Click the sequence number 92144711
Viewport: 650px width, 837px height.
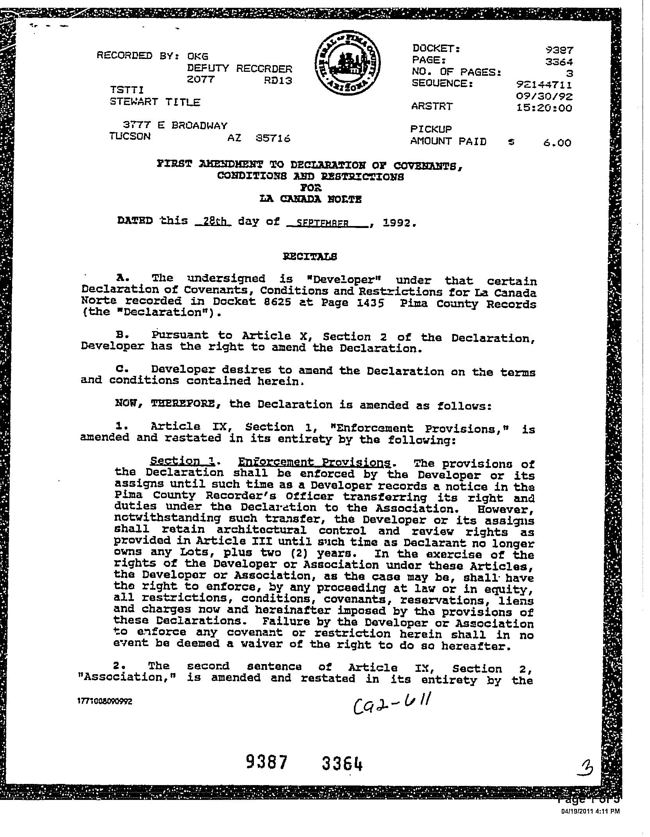click(x=544, y=85)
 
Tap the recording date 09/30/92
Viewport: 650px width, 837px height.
click(x=544, y=96)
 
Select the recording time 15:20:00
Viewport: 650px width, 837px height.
click(x=544, y=108)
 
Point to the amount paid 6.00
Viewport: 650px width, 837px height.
click(x=557, y=143)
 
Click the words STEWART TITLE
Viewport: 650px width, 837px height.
click(x=155, y=102)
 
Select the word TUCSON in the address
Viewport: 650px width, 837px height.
click(x=130, y=136)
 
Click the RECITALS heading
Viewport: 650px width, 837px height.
click(x=309, y=256)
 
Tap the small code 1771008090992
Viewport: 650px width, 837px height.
click(x=105, y=702)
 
